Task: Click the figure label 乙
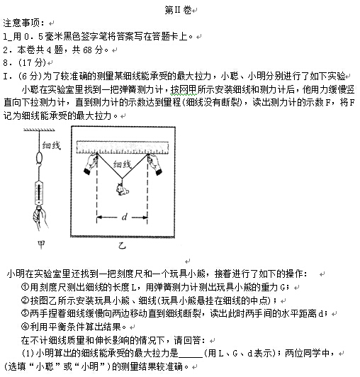coord(122,248)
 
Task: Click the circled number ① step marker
coord(26,287)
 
